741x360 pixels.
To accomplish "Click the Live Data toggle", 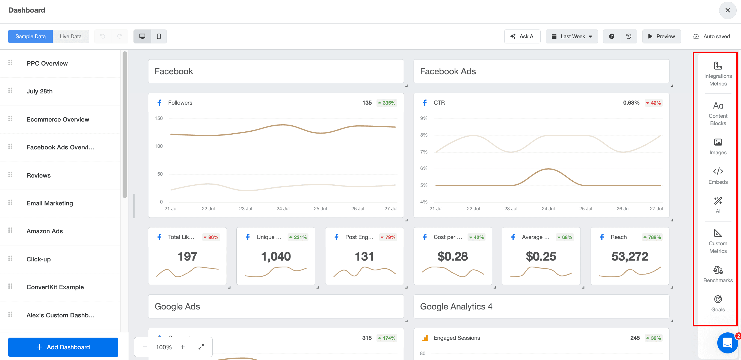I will click(70, 37).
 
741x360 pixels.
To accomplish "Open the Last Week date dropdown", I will click(571, 37).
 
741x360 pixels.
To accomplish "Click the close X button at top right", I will click(727, 10).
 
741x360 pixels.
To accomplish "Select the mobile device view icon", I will click(159, 37).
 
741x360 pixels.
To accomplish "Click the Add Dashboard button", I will click(63, 347).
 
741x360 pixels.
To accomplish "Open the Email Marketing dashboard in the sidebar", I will click(50, 203).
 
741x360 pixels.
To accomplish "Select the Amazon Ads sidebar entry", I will click(45, 231).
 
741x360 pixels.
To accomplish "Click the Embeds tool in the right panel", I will click(718, 176).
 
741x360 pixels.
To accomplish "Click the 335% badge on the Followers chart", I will click(387, 103).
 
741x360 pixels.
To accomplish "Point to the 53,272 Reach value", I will click(629, 256).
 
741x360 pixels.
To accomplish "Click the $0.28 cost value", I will click(452, 256).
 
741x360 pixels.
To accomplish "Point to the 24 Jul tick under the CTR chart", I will click(548, 209).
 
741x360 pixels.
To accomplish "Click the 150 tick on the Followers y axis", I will click(159, 118).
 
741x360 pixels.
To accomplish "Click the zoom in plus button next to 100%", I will click(183, 347).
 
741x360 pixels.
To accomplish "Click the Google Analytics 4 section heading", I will click(456, 306).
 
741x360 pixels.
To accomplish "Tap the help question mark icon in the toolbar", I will click(612, 37).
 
